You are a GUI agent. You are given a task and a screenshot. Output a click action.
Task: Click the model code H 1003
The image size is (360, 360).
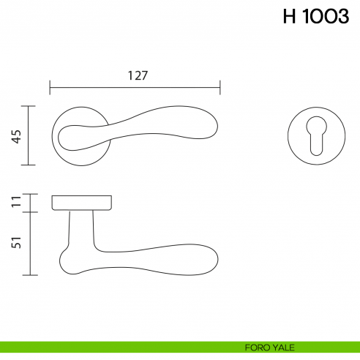click(x=315, y=17)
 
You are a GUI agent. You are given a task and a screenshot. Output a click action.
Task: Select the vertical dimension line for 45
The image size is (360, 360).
click(x=28, y=135)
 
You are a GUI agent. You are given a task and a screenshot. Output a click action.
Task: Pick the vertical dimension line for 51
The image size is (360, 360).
click(x=28, y=244)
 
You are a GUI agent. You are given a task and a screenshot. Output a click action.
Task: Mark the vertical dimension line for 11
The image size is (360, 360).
click(x=28, y=203)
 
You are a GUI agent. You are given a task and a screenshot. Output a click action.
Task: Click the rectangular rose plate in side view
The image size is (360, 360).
click(x=81, y=202)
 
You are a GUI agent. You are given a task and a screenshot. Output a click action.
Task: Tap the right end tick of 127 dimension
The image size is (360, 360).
click(x=220, y=89)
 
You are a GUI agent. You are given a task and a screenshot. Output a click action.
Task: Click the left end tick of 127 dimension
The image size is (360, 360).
click(x=50, y=89)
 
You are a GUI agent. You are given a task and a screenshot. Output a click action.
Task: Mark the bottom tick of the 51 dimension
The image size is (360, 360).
click(x=28, y=275)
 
